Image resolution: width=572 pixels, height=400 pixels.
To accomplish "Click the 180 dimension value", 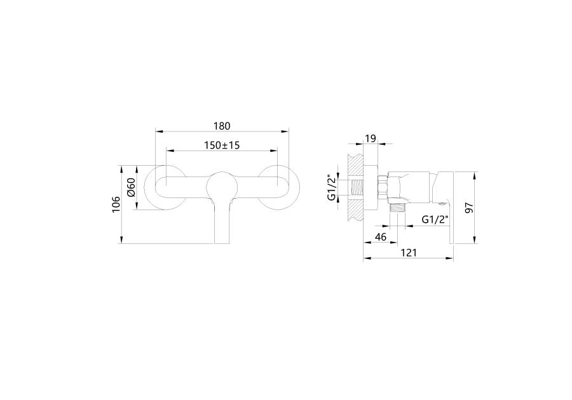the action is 222,126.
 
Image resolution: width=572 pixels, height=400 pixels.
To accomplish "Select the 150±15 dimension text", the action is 222,145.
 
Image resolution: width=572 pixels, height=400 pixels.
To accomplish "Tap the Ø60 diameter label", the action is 132,187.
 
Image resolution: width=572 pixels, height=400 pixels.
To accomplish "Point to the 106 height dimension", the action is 116,204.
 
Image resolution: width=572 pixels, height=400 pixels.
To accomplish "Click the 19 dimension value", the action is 371,138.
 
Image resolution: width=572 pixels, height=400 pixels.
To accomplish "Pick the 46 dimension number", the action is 381,237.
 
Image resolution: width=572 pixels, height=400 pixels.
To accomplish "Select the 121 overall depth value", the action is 409,253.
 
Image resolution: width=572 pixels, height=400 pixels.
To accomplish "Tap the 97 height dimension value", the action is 469,208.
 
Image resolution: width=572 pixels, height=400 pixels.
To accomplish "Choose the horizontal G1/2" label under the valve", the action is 435,220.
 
